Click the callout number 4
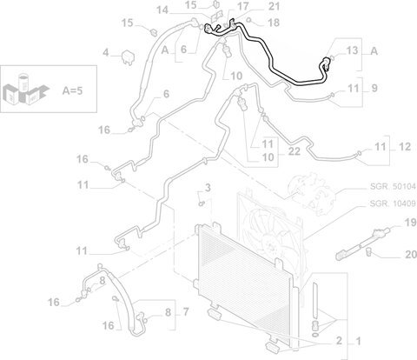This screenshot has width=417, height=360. click(106, 53)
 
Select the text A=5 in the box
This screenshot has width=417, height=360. click(72, 90)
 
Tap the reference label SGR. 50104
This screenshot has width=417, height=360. click(393, 186)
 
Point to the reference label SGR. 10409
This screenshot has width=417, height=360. click(393, 203)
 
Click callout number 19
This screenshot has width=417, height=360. click(410, 223)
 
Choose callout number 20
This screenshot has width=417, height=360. click(411, 255)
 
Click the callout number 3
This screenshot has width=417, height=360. click(208, 188)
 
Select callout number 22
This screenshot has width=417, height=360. click(295, 151)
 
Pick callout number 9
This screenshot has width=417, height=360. click(374, 88)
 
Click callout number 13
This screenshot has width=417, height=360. click(352, 50)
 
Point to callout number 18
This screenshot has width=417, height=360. click(274, 23)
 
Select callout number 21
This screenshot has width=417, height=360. click(274, 6)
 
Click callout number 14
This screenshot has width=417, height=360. click(162, 10)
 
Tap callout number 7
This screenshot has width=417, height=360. click(186, 312)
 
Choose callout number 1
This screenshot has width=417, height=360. click(358, 341)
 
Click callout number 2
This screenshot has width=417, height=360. click(339, 340)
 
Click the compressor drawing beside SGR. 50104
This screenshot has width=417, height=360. click(314, 193)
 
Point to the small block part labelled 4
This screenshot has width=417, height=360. click(128, 58)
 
